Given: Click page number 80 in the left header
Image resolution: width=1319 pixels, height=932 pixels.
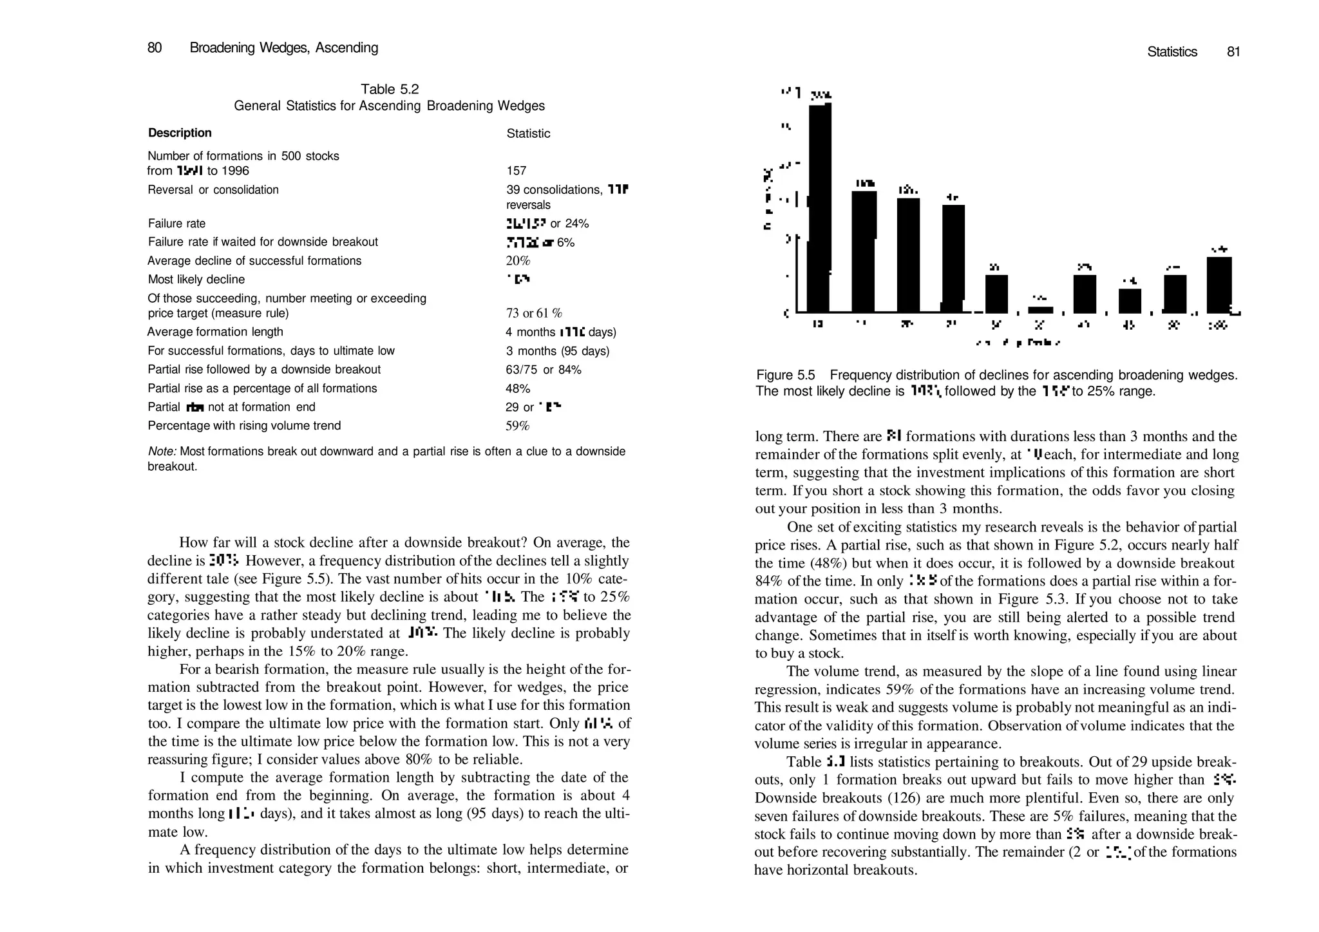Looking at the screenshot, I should (x=155, y=48).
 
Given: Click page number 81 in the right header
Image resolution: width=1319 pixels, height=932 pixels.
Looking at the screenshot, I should (x=1233, y=52).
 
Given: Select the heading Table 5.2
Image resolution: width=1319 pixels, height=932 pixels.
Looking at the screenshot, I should (x=390, y=90).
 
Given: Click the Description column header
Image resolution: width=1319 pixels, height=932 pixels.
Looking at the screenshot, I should (x=180, y=133).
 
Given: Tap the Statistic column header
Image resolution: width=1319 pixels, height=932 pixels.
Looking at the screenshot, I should (x=528, y=134).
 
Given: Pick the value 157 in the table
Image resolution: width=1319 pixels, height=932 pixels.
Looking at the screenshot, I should (x=517, y=171).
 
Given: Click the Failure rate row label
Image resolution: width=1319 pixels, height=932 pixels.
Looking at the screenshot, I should (x=176, y=224).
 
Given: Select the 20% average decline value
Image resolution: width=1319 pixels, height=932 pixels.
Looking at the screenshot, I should (x=518, y=261).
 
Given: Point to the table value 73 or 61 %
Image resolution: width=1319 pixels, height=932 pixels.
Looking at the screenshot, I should (x=534, y=314).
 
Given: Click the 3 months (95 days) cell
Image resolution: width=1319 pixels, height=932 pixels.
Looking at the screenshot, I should (x=557, y=351).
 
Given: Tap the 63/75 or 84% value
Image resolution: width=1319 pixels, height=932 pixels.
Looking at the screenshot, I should (x=544, y=370).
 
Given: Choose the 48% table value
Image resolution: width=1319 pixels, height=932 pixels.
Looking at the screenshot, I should (x=518, y=389).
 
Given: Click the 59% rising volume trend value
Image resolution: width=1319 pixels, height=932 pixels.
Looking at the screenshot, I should (x=518, y=426).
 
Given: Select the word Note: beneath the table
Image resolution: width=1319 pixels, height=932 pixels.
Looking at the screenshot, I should (x=162, y=452).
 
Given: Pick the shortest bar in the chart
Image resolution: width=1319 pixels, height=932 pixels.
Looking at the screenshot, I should (x=1040, y=310).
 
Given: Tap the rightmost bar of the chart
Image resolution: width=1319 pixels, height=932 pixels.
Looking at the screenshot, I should (x=1219, y=285).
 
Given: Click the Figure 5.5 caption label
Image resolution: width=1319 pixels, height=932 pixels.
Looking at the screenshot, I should (x=785, y=376).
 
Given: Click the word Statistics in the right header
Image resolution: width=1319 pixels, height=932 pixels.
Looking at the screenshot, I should (x=1172, y=52).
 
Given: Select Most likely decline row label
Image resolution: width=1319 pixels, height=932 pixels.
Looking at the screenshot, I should (x=196, y=280).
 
